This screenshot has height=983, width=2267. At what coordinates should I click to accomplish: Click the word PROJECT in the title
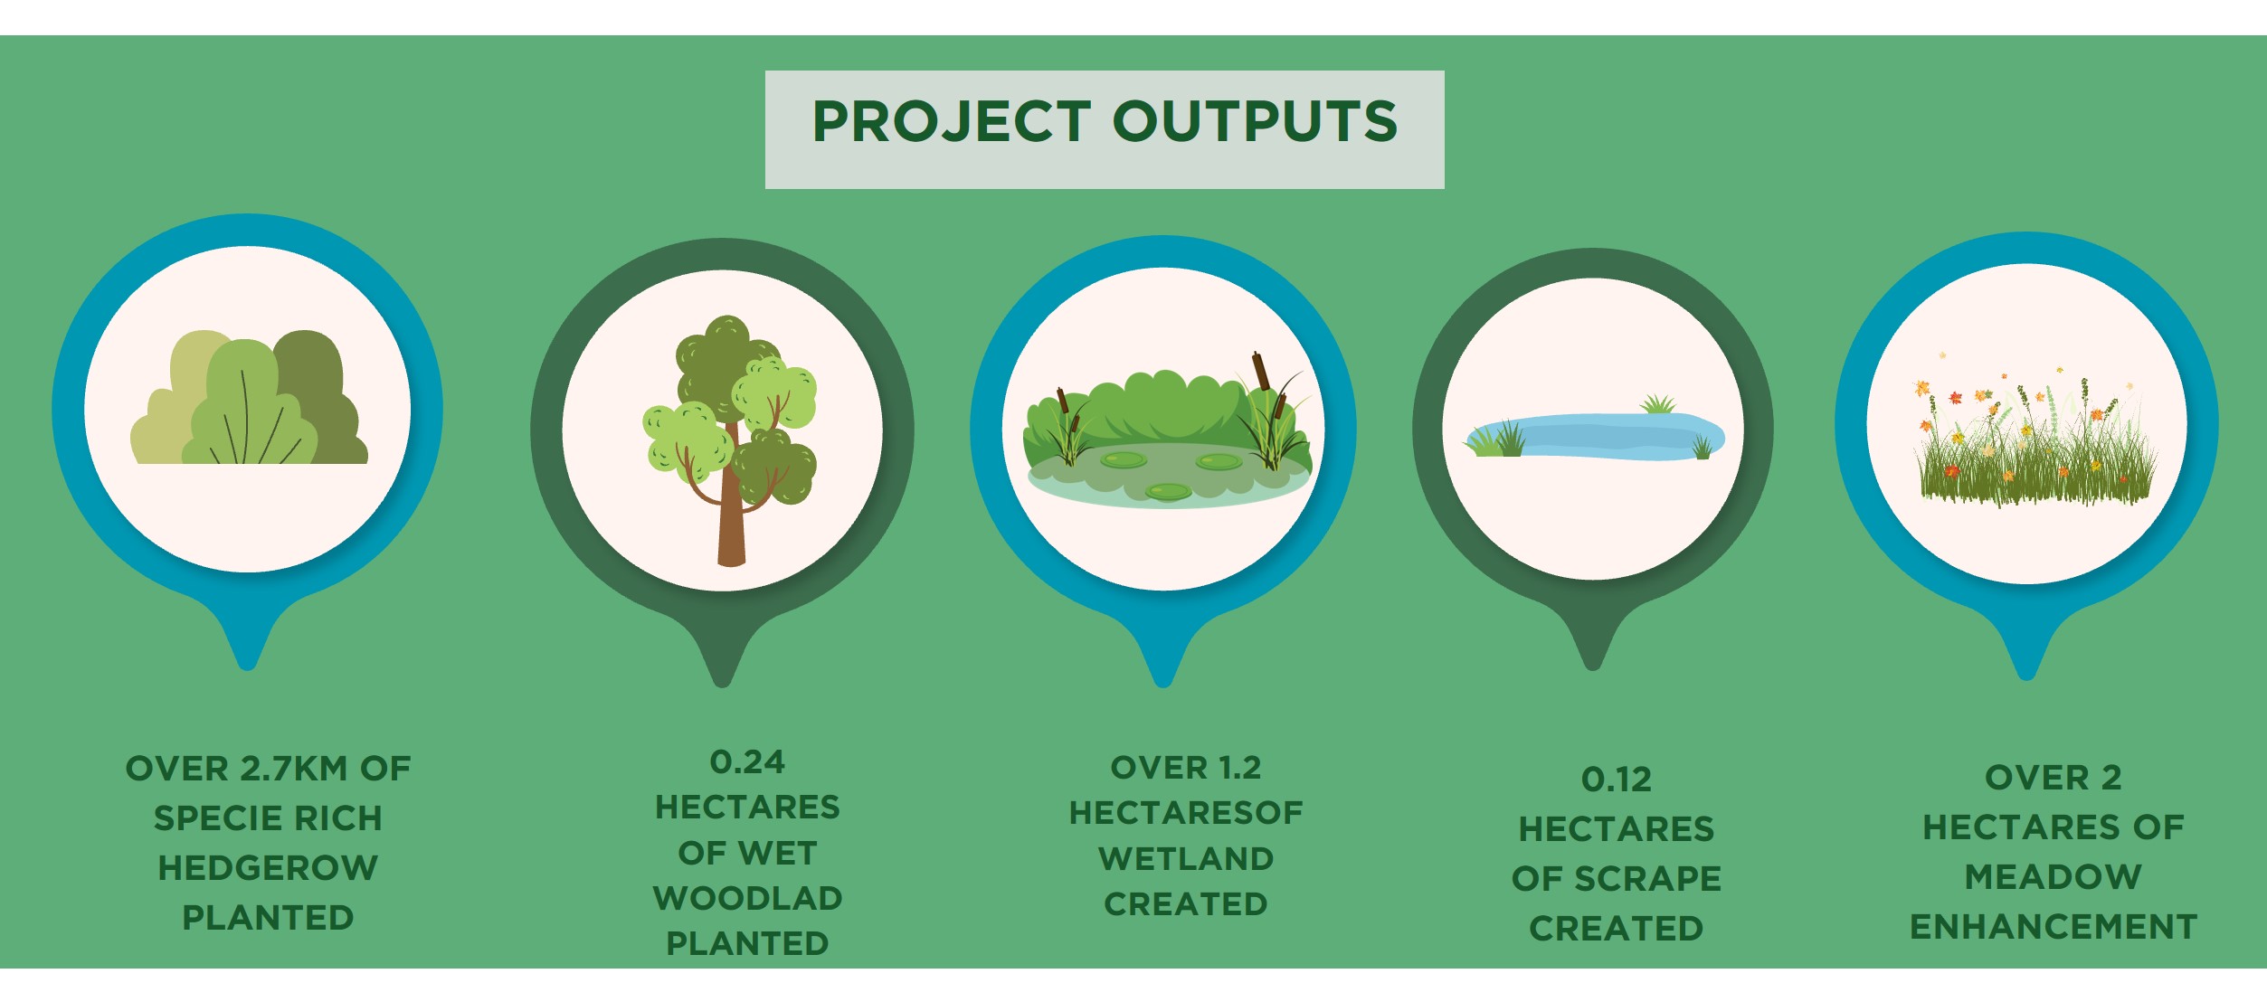click(x=952, y=122)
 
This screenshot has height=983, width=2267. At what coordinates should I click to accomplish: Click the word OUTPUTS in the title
click(x=1255, y=121)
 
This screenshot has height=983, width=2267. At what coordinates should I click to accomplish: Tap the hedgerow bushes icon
click(x=249, y=398)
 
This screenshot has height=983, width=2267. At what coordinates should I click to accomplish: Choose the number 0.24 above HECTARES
click(x=747, y=761)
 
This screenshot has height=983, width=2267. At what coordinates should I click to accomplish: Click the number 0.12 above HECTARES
click(x=1617, y=780)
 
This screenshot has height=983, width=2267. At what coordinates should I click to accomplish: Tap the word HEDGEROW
click(x=268, y=868)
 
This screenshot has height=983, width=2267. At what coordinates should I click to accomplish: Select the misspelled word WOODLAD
click(x=747, y=898)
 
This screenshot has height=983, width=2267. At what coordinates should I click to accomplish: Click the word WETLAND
click(x=1186, y=858)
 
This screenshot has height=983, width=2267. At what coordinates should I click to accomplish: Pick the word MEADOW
click(x=2054, y=876)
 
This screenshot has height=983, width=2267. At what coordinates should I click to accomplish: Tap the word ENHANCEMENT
click(x=2054, y=927)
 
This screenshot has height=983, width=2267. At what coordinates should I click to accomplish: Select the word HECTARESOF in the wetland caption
click(x=1186, y=813)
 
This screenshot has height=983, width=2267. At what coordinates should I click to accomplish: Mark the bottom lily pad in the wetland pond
click(x=1169, y=491)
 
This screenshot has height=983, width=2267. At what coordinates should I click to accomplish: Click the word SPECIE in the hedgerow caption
click(x=210, y=818)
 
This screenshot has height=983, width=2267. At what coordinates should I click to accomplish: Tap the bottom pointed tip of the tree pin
click(x=722, y=684)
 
